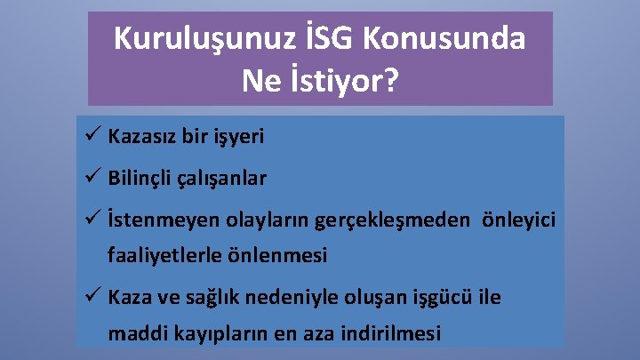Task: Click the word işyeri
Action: click(x=236, y=139)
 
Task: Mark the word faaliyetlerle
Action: click(x=163, y=256)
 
